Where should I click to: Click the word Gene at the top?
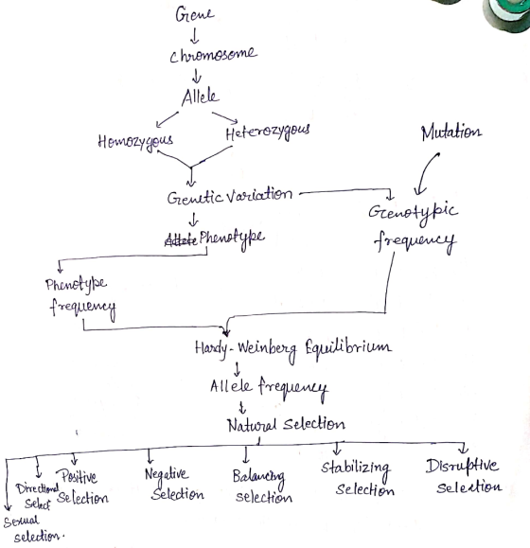click(195, 15)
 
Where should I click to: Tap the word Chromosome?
click(213, 55)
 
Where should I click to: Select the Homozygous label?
click(135, 142)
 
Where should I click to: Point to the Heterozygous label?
click(268, 132)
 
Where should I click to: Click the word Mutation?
click(451, 133)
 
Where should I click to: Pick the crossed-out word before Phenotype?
click(181, 240)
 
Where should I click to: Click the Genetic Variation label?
click(230, 197)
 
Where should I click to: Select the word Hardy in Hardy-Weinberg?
click(211, 348)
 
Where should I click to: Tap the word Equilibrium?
click(348, 346)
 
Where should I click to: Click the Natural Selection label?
click(286, 424)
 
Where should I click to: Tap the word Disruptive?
click(462, 467)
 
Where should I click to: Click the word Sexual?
click(22, 521)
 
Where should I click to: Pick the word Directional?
click(37, 488)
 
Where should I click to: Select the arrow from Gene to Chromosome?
click(195, 36)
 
